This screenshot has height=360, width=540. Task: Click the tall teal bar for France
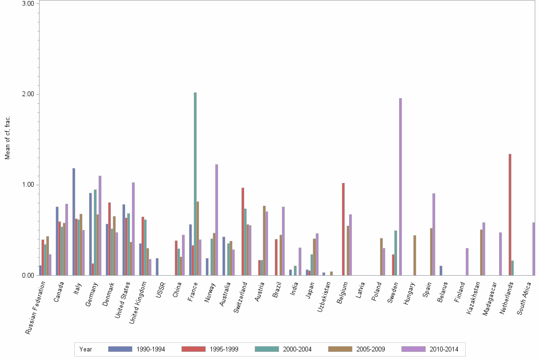[195, 184]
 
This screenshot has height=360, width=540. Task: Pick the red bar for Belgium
[343, 229]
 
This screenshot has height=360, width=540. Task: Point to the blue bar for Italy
[74, 221]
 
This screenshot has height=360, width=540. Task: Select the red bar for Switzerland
[243, 231]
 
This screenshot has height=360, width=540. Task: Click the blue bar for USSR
[157, 267]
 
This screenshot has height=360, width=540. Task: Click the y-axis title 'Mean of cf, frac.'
[7, 138]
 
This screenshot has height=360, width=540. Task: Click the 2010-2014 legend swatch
[413, 349]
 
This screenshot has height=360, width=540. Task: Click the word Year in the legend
[86, 349]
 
